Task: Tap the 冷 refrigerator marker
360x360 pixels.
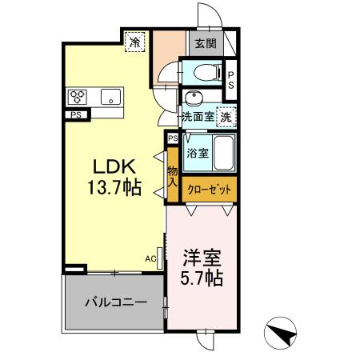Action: click(x=136, y=40)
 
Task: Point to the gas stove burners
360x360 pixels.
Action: click(x=78, y=98)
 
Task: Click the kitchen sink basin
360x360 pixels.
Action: click(x=109, y=98)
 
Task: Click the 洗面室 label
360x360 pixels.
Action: click(x=197, y=116)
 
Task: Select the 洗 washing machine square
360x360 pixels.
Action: click(x=227, y=116)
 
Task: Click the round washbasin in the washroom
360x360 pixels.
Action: click(x=192, y=98)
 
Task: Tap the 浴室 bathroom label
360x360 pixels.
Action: click(x=197, y=153)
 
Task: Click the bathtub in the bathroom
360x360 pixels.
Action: click(x=224, y=152)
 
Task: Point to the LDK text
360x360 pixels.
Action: click(x=118, y=167)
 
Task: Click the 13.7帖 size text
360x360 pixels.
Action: click(x=118, y=189)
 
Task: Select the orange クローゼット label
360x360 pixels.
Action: click(x=210, y=190)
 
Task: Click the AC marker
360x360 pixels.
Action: click(x=150, y=258)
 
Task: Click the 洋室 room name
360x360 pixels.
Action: click(x=201, y=260)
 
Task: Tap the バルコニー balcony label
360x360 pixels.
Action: click(x=116, y=303)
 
